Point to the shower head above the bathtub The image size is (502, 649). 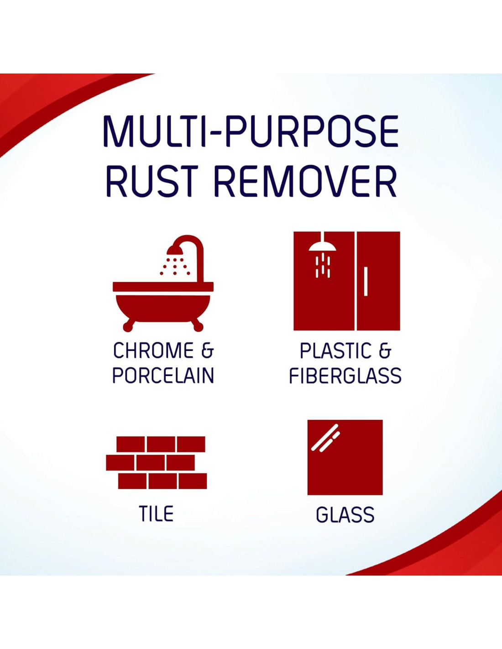pyautogui.click(x=177, y=249)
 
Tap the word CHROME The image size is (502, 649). pyautogui.click(x=153, y=351)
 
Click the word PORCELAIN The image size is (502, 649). pyautogui.click(x=163, y=376)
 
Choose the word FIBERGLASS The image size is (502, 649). pyautogui.click(x=345, y=376)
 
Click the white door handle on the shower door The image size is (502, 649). pyautogui.click(x=366, y=282)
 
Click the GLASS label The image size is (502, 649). pyautogui.click(x=345, y=514)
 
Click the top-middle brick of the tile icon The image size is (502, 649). pyautogui.click(x=161, y=444)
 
